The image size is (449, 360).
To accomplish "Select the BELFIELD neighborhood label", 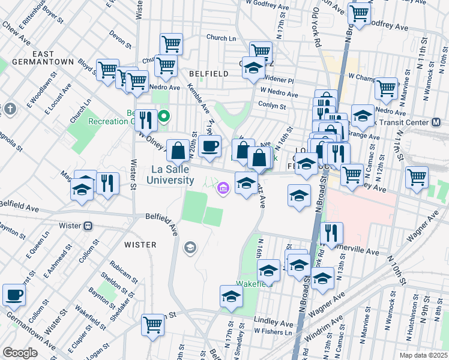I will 208,73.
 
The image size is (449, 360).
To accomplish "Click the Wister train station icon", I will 88,226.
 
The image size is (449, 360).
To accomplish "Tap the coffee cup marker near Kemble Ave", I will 209,146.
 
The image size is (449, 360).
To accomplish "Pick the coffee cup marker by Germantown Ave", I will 14,295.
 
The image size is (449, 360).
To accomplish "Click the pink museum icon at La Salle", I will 223,190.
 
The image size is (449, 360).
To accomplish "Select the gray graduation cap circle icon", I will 190,247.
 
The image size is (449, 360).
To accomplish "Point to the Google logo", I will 20,352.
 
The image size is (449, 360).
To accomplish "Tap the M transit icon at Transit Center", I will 436,122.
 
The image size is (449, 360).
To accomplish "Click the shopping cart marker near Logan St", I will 153,324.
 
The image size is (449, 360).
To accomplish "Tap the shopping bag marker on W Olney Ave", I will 178,150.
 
